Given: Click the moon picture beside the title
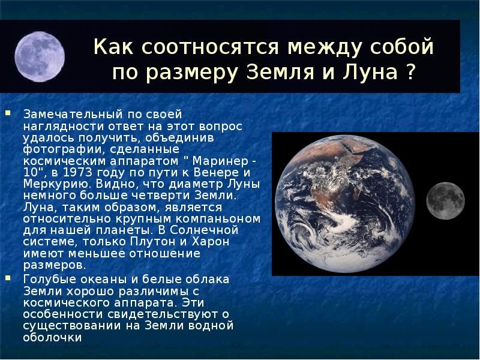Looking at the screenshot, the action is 40,56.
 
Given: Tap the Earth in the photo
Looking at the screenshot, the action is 344,204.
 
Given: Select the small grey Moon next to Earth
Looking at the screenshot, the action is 445,201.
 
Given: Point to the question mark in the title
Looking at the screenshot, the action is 411,72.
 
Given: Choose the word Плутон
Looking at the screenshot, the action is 154,242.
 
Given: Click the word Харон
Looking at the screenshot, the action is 211,242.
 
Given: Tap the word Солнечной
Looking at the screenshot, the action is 203,230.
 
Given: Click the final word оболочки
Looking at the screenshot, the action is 53,338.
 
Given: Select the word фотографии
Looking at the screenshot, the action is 64,149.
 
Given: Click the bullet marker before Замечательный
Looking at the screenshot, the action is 8,113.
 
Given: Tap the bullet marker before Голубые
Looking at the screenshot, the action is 8,278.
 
